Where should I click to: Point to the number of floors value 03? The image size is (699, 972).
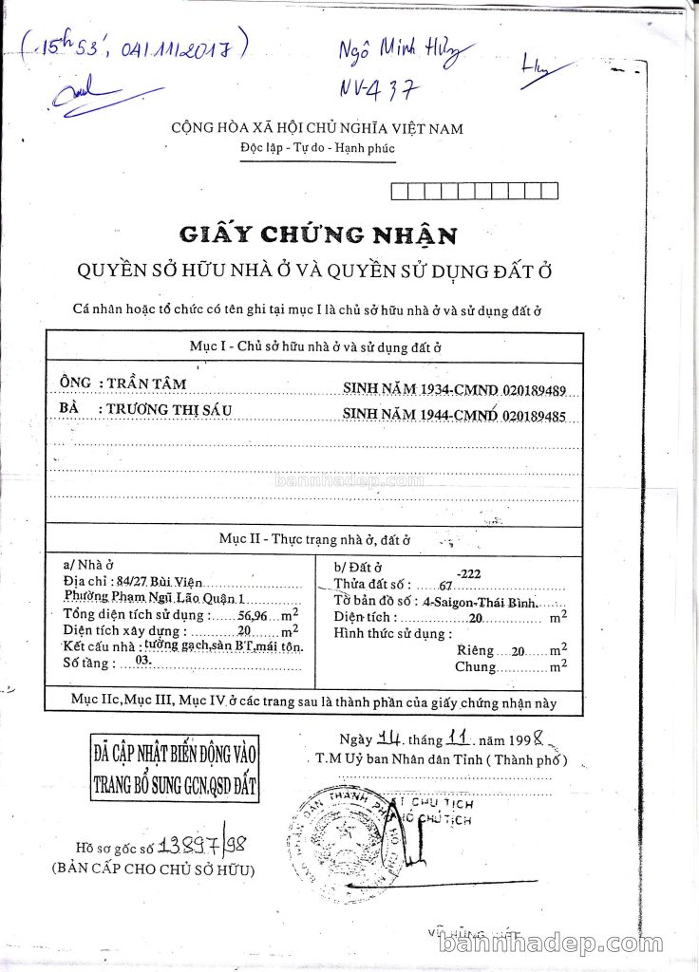coord(144,659)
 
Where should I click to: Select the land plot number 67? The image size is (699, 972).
coord(446,586)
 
